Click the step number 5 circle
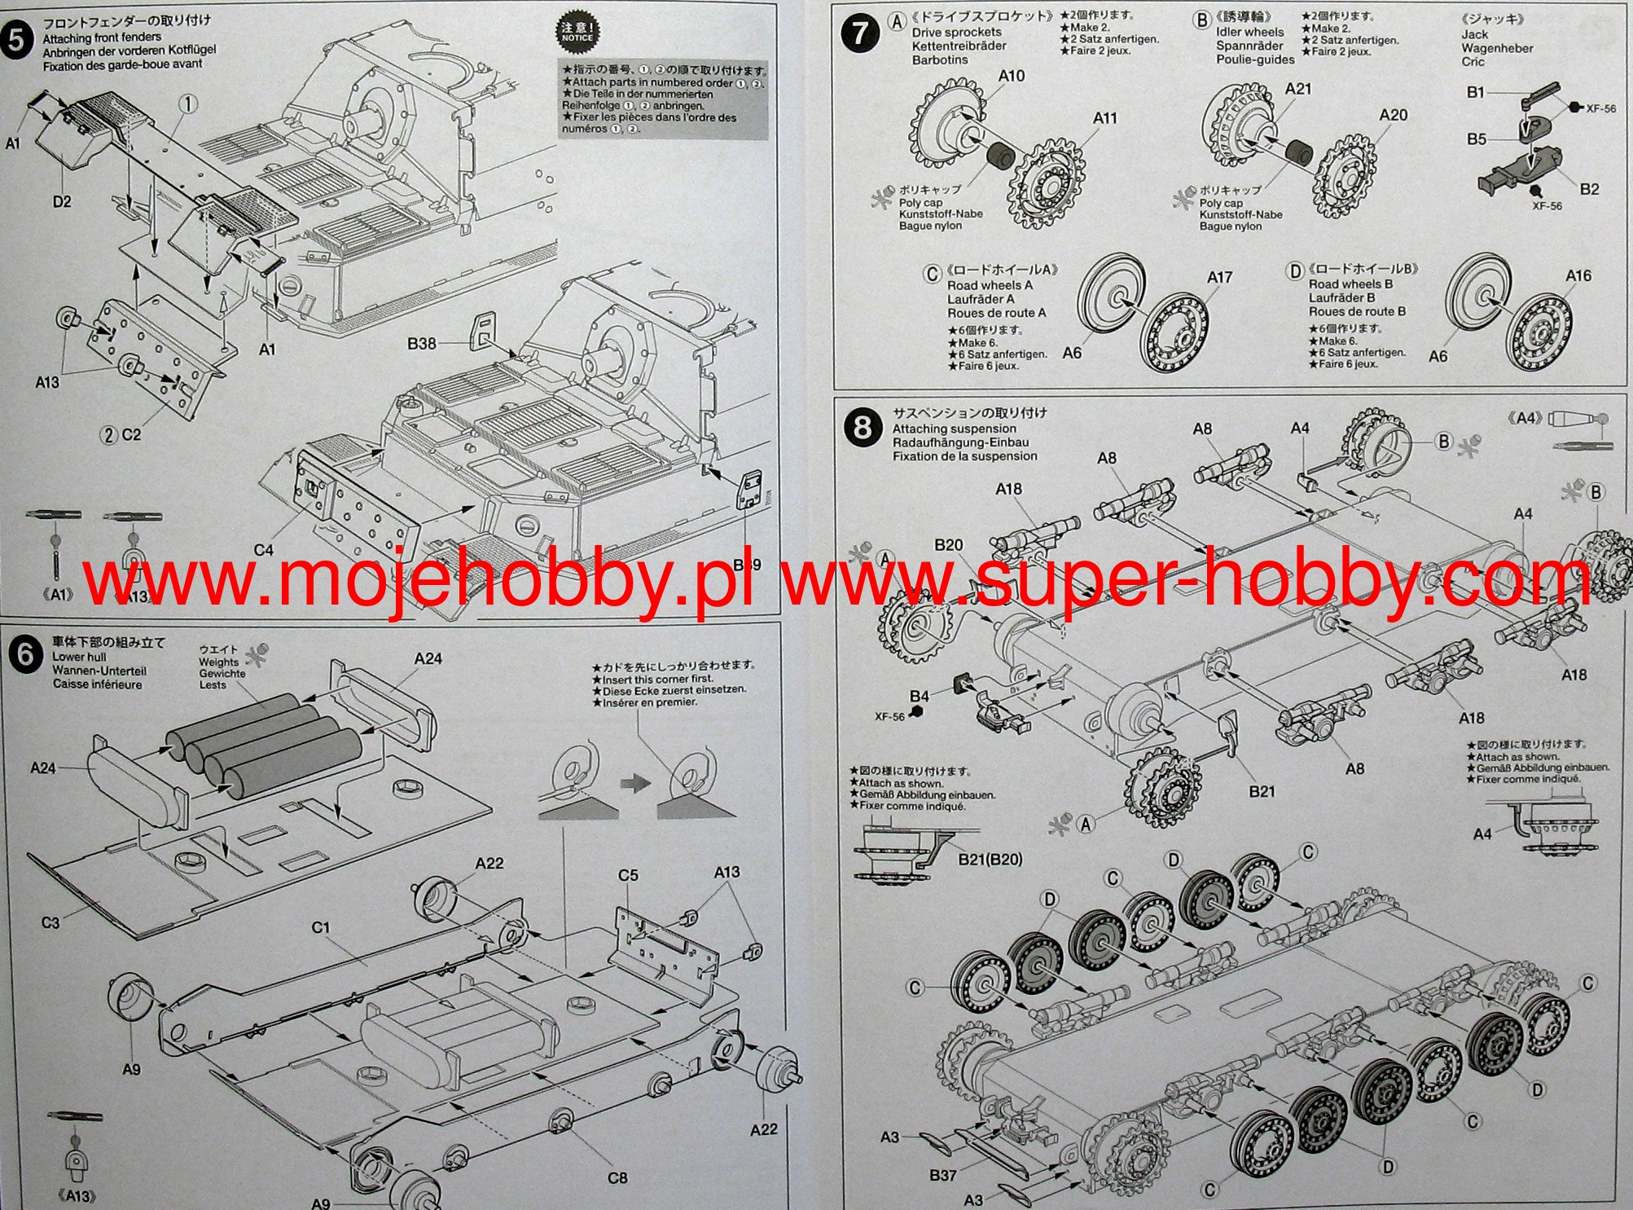[x=16, y=39]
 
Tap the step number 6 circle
[x=24, y=654]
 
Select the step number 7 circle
[x=860, y=35]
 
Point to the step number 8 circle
[x=863, y=427]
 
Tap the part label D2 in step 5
[x=62, y=201]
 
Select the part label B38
[x=422, y=344]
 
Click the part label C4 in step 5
[x=264, y=550]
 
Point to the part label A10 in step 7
[x=1011, y=76]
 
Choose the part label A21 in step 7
[x=1297, y=89]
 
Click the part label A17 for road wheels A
[x=1219, y=277]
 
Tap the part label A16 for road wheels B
[x=1578, y=275]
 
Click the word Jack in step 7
[x=1474, y=34]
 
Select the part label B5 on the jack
[x=1477, y=139]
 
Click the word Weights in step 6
[x=218, y=662]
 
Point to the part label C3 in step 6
[x=50, y=922]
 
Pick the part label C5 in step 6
[x=628, y=875]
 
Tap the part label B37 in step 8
[x=943, y=1175]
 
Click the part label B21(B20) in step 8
[x=990, y=859]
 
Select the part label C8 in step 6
[x=617, y=1177]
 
